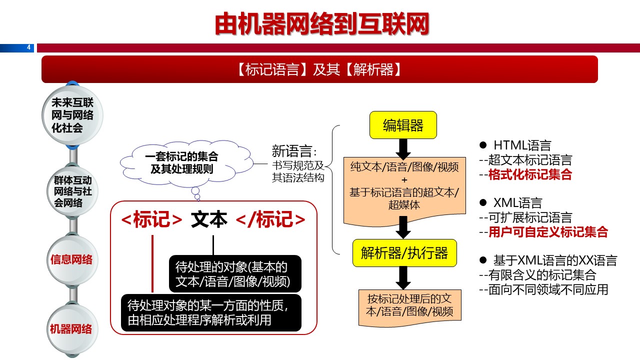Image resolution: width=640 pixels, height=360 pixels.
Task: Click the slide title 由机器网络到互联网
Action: (x=321, y=23)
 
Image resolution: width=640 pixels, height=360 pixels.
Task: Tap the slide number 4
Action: (x=28, y=47)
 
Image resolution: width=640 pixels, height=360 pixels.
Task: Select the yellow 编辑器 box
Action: (x=403, y=125)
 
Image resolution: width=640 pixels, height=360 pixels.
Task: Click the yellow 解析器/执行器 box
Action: (x=404, y=253)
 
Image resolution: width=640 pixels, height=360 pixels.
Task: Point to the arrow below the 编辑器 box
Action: (x=403, y=148)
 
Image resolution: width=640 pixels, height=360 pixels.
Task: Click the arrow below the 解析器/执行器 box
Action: (x=403, y=276)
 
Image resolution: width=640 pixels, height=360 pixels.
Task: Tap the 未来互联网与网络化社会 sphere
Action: (x=72, y=115)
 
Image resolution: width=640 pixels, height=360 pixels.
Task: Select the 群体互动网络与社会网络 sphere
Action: (x=72, y=191)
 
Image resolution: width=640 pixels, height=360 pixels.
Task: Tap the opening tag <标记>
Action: (x=152, y=220)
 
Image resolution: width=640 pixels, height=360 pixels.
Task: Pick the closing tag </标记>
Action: (x=270, y=220)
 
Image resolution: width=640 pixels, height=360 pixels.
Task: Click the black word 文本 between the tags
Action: (x=209, y=220)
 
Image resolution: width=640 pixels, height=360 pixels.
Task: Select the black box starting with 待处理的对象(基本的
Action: (x=235, y=273)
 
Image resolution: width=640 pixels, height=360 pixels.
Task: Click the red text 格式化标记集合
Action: (x=530, y=175)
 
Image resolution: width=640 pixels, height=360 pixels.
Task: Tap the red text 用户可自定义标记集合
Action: (x=548, y=232)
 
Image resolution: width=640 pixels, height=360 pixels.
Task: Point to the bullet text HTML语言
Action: (x=522, y=145)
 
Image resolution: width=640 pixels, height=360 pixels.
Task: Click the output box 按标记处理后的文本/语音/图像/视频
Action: (x=410, y=305)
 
